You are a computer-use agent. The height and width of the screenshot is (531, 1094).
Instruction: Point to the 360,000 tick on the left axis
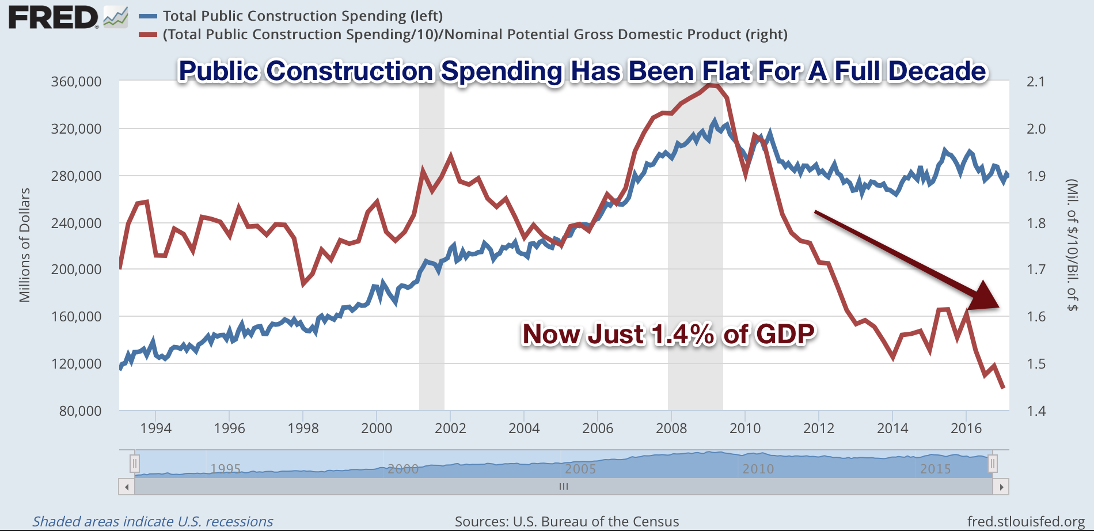(x=77, y=82)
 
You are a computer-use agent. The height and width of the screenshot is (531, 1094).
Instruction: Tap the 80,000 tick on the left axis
(x=81, y=411)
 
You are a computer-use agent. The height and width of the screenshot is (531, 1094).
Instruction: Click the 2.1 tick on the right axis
(x=1036, y=82)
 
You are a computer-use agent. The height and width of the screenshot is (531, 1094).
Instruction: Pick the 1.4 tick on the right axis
(x=1036, y=411)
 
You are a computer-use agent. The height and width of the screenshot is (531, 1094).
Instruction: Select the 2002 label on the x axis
(x=450, y=428)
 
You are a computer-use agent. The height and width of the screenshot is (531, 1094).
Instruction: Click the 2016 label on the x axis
(x=966, y=428)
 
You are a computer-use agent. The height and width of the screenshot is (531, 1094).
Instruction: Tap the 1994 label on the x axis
(x=156, y=428)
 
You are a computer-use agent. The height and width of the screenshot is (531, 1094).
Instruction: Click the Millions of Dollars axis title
(x=25, y=245)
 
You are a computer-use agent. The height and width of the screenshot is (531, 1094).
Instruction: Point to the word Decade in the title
(x=937, y=71)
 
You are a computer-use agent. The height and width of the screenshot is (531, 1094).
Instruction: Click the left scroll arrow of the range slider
(x=127, y=487)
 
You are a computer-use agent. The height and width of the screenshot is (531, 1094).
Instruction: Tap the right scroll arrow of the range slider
(x=1001, y=487)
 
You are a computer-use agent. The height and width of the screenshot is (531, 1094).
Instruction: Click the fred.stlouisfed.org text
(x=1026, y=522)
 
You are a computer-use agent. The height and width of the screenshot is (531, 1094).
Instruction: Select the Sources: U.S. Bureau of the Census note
(x=567, y=522)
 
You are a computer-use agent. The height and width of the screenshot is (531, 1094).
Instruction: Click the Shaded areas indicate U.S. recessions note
(x=153, y=522)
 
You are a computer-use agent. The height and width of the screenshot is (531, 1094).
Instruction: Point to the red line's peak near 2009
(x=712, y=85)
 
